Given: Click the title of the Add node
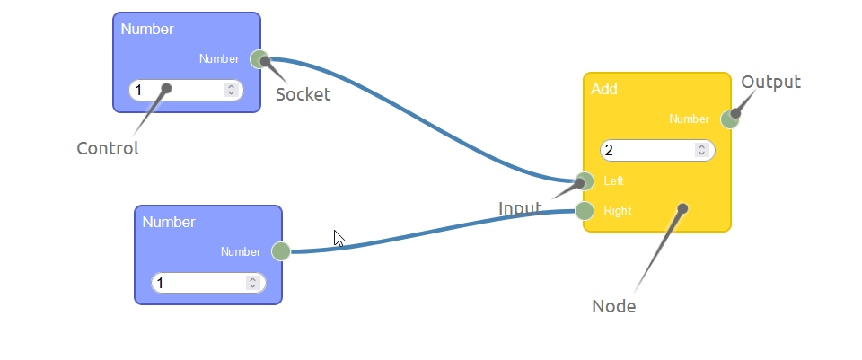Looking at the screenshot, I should point(603,90).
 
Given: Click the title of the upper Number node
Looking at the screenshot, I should point(147,29).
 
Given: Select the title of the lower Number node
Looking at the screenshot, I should point(169,223).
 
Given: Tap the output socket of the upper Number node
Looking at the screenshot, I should point(259,59).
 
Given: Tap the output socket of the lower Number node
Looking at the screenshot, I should point(280,251).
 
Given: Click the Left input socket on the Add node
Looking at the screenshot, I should point(585,180).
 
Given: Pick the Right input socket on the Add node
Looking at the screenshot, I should point(585,211).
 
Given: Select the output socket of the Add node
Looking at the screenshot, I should point(729,119).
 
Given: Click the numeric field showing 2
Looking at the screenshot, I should point(646,150).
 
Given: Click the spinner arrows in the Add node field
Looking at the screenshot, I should point(701,150).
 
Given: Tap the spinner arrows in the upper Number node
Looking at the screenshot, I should point(231,90).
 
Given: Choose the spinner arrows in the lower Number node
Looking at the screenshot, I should point(252,283).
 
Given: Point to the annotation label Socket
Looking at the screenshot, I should point(303,94).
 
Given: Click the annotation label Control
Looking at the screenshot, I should point(108,149).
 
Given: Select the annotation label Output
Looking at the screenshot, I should point(770,83).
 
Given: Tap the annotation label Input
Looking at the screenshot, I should point(520,208).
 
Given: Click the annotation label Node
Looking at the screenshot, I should point(614,306).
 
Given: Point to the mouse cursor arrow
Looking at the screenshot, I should point(339,238).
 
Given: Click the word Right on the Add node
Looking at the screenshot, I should point(618,211).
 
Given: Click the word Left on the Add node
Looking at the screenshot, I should point(614,180).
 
